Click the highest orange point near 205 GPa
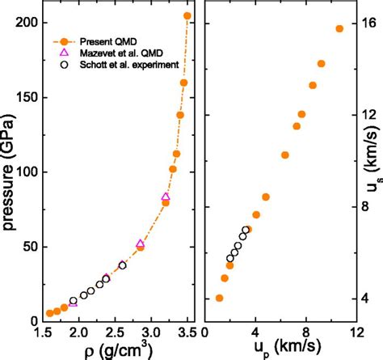click(187, 15)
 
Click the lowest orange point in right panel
click(219, 298)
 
